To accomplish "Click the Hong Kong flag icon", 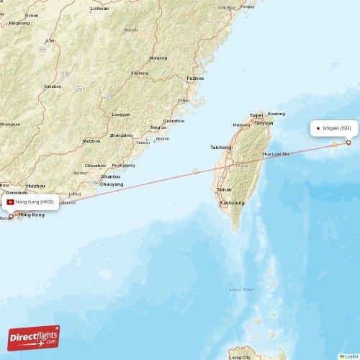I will [10, 202].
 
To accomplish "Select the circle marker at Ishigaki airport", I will [348, 143].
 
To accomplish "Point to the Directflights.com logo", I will [34, 338].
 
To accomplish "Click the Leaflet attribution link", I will [350, 356].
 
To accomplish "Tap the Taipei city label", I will [256, 115].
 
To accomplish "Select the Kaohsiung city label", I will [232, 203].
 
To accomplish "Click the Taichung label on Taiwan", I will [221, 148].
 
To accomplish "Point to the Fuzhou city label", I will [194, 78].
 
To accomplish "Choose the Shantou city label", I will [110, 176].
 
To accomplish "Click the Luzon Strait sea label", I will [241, 289].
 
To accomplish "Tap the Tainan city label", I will [224, 189].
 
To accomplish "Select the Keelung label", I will [276, 114].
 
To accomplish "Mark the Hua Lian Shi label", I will [275, 154].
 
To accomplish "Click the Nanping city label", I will [158, 58].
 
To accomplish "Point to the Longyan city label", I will [121, 114].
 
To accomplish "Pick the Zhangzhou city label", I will [121, 135].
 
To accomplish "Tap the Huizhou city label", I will [35, 186].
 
